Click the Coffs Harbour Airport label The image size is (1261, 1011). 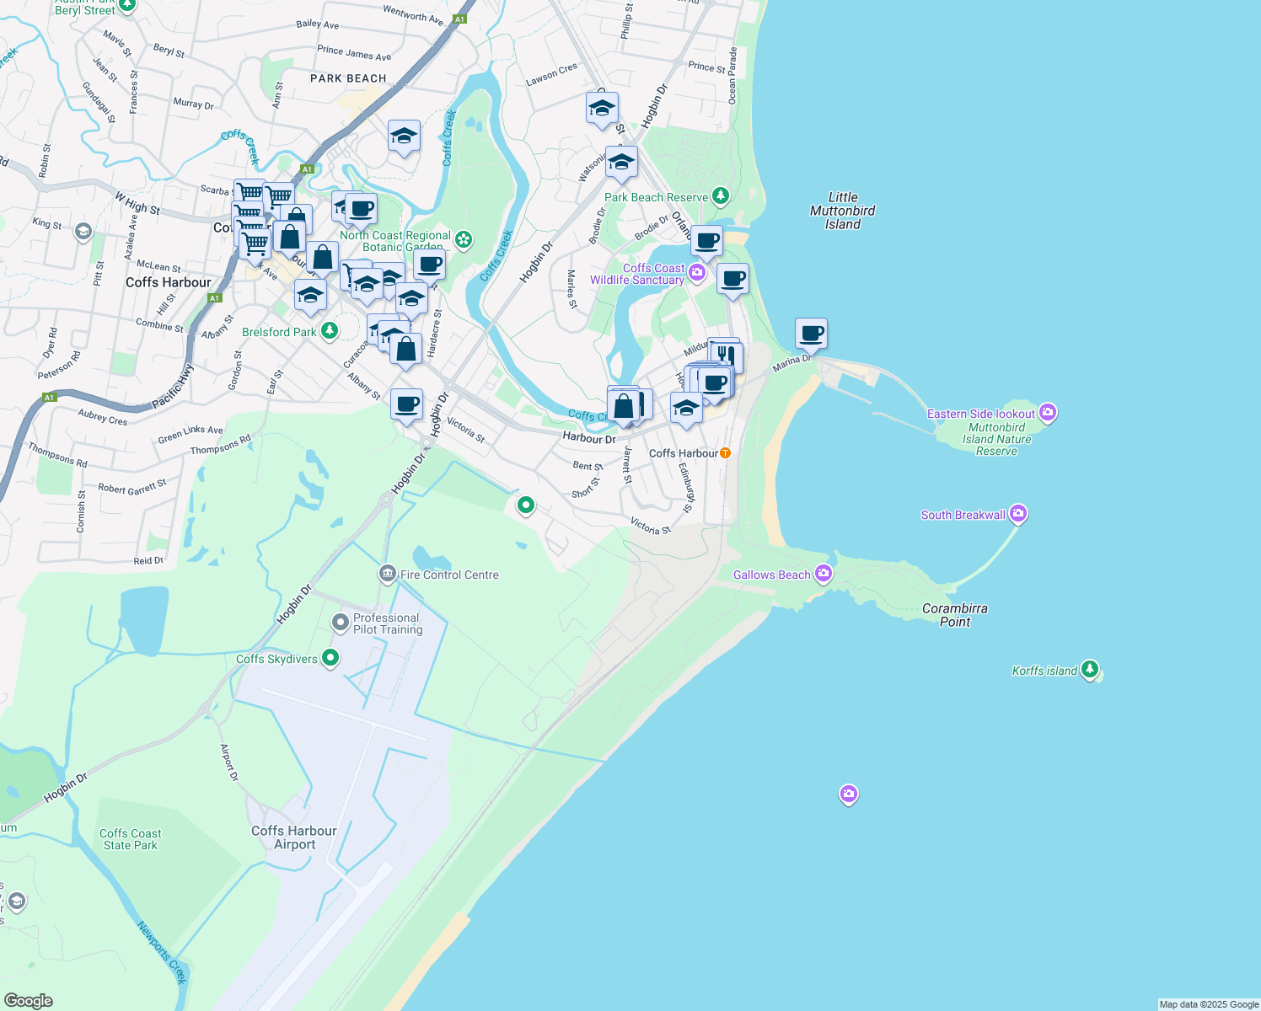(x=294, y=837)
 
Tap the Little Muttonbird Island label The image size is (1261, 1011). (x=842, y=211)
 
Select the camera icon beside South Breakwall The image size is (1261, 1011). (x=1018, y=513)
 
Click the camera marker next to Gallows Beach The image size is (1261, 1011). (x=824, y=574)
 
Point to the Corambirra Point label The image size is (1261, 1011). (x=955, y=615)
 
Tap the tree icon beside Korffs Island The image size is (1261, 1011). (x=1090, y=670)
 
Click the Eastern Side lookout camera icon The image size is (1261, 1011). (x=1048, y=412)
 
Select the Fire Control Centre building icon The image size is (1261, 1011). (x=387, y=575)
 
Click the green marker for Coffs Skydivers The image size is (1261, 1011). (x=330, y=658)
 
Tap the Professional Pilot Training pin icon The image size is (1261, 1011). (x=340, y=623)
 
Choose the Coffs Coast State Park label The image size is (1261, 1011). (x=130, y=839)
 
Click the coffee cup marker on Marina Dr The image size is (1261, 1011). (x=811, y=334)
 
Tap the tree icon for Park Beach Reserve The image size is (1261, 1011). (x=720, y=196)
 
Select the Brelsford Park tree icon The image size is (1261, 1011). (x=330, y=331)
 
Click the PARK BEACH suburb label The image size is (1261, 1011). (x=348, y=78)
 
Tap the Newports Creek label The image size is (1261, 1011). (x=161, y=953)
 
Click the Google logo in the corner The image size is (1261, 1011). (x=29, y=1000)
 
